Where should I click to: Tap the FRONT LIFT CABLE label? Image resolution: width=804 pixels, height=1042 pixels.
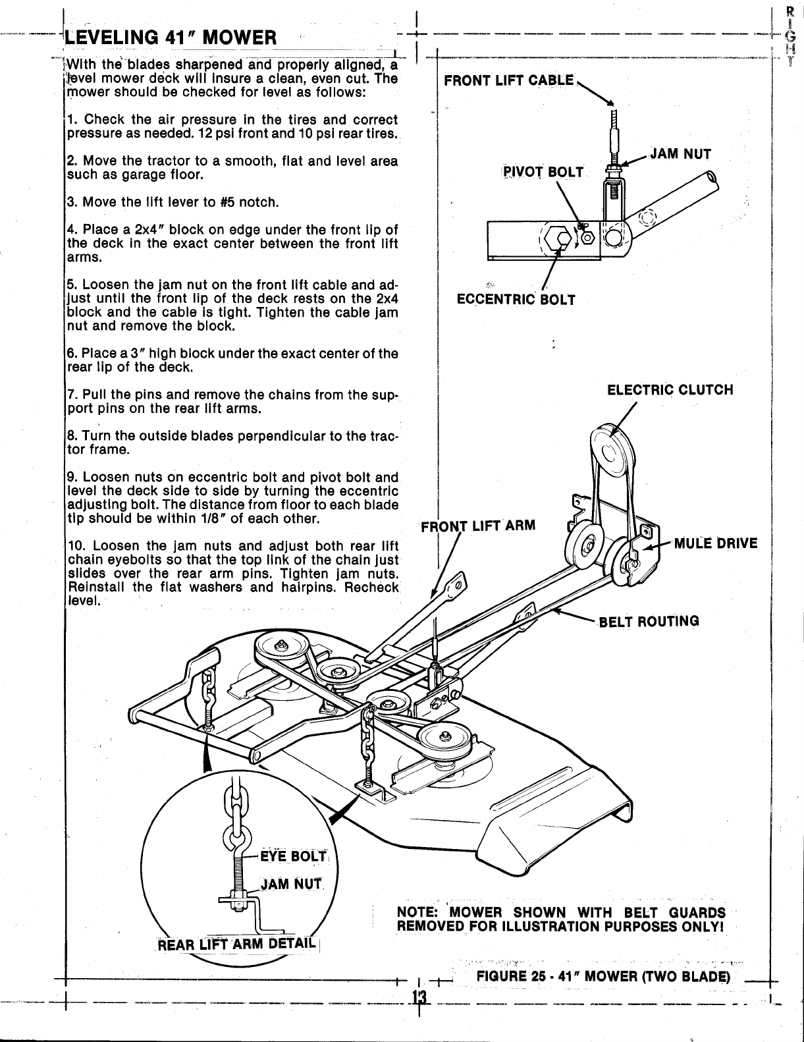click(x=509, y=80)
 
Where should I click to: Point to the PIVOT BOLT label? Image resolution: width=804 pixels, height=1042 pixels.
click(x=543, y=172)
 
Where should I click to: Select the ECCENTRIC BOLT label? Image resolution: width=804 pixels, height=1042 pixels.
click(x=516, y=300)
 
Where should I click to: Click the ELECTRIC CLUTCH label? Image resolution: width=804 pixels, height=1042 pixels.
click(x=670, y=389)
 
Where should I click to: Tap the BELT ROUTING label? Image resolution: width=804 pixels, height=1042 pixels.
click(x=647, y=621)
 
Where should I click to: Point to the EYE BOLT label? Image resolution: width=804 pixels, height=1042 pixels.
click(x=300, y=856)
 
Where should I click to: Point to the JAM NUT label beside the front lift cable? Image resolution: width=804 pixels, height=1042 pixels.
click(x=680, y=155)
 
